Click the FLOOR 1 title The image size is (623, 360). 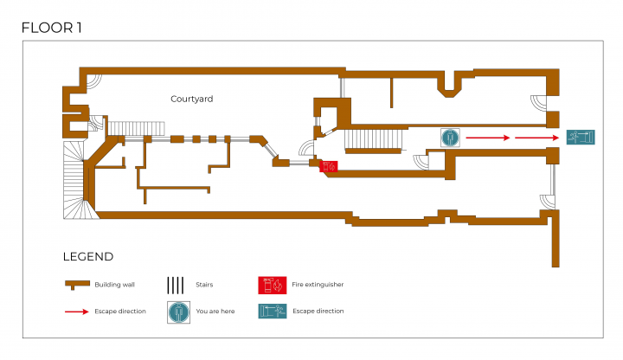tap(51, 29)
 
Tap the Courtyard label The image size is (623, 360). tap(191, 99)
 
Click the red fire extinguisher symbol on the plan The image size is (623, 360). tap(329, 166)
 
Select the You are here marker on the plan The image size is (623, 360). tap(450, 138)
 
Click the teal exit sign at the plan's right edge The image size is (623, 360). tap(581, 138)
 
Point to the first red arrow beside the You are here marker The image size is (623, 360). tap(488, 138)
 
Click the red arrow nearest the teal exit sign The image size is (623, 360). tap(537, 138)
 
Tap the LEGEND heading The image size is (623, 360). tap(88, 257)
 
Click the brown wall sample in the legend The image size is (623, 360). tap(77, 285)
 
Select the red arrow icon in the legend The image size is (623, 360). tap(77, 312)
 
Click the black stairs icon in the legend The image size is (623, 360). tap(175, 286)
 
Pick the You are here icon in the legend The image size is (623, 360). tap(178, 312)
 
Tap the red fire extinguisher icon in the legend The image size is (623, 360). tap(273, 286)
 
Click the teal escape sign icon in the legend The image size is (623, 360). tap(273, 312)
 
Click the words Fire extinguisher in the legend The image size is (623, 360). tap(318, 285)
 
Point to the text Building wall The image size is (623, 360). tap(114, 285)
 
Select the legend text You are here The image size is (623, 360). tap(215, 312)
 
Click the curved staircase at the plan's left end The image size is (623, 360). tap(79, 180)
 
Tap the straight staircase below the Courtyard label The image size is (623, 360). tap(137, 129)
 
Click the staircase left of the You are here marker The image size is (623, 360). tap(374, 139)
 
